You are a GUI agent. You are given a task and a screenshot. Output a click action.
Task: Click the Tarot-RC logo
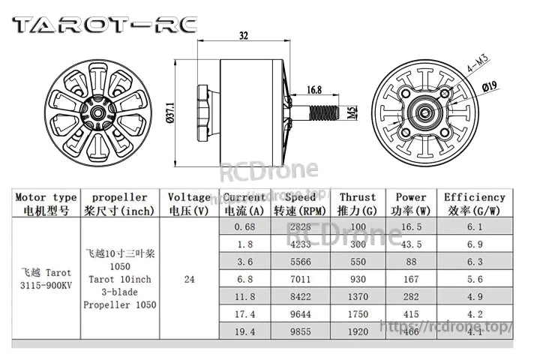pyautogui.click(x=104, y=25)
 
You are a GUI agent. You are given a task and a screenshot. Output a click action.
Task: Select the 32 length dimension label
pyautogui.click(x=243, y=35)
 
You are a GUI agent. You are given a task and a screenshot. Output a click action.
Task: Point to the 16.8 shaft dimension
pyautogui.click(x=314, y=90)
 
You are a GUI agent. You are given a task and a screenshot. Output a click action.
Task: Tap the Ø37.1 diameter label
pyautogui.click(x=170, y=113)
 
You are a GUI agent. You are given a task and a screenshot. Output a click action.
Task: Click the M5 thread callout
pyautogui.click(x=352, y=113)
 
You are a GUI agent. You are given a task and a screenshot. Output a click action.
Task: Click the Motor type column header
pyautogui.click(x=46, y=204)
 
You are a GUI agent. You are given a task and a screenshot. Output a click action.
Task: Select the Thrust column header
pyautogui.click(x=358, y=204)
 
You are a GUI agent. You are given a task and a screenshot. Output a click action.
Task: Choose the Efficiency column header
pyautogui.click(x=475, y=204)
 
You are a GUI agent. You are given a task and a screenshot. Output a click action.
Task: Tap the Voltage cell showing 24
pyautogui.click(x=189, y=279)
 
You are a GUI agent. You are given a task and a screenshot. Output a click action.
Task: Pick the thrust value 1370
pyautogui.click(x=358, y=296)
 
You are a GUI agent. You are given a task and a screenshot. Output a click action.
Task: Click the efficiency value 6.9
pyautogui.click(x=475, y=244)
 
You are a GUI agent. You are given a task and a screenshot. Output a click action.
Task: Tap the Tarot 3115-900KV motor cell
pyautogui.click(x=46, y=279)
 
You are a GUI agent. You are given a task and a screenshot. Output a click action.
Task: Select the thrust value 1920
pyautogui.click(x=358, y=331)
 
